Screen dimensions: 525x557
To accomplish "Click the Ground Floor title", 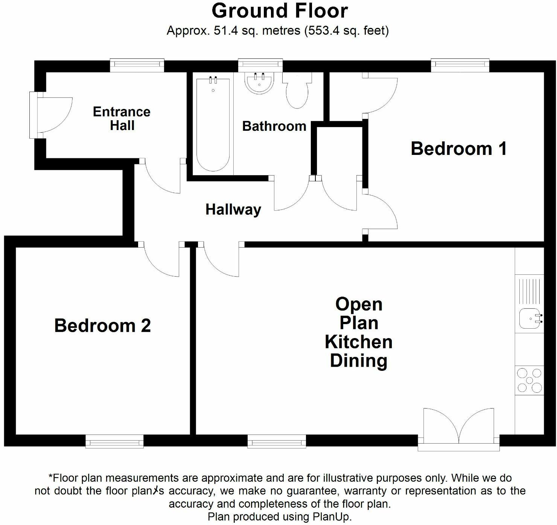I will click(x=279, y=11).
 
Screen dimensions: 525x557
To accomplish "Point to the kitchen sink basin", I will click(x=529, y=318).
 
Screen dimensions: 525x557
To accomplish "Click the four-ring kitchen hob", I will click(x=530, y=380).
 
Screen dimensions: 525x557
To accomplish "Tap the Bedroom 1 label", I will click(x=458, y=148).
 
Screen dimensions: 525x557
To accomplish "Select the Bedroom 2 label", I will click(x=102, y=326).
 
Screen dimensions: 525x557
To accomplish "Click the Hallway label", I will click(x=233, y=210).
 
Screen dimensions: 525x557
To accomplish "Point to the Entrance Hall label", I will click(x=122, y=118).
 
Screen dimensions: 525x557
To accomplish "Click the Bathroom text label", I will click(x=274, y=126).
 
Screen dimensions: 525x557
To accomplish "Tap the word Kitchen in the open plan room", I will click(x=358, y=342).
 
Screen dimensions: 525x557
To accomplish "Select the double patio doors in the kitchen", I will click(x=458, y=428).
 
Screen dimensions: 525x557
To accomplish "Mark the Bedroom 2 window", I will click(x=114, y=441).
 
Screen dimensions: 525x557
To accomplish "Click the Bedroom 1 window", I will click(x=460, y=65).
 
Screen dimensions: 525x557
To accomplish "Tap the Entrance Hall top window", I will click(x=137, y=65).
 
